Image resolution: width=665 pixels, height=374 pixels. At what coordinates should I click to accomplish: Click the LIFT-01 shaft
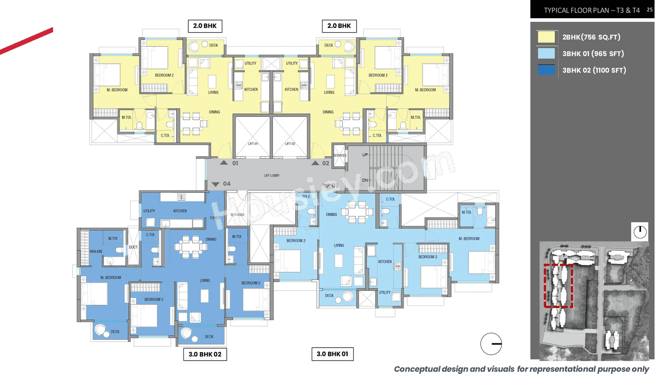point(252,137)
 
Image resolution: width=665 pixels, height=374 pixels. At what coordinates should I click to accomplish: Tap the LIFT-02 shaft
point(290,137)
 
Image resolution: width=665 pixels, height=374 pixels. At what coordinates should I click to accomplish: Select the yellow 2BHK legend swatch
point(546,37)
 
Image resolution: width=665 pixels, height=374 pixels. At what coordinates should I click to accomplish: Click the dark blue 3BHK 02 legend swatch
point(546,70)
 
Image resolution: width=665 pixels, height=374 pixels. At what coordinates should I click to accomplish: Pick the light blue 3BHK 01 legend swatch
point(546,54)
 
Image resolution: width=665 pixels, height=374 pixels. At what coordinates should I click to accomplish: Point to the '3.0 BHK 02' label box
point(205,354)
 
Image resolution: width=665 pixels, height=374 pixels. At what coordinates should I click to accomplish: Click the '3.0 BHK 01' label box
point(332,354)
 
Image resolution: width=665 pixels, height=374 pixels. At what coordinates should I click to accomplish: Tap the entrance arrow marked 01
point(224,163)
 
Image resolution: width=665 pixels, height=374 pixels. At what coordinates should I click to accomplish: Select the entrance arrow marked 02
point(315,163)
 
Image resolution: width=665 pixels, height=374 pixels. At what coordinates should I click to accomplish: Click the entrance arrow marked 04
point(216,184)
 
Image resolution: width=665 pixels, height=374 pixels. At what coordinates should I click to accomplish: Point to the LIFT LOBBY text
point(272,176)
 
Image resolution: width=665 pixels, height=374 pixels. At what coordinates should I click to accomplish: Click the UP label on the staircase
point(365,155)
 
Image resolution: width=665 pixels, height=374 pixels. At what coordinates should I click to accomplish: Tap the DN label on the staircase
point(365,180)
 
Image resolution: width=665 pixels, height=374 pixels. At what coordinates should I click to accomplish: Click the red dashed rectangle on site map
point(558,286)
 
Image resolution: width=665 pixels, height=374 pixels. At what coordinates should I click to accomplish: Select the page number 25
point(650,9)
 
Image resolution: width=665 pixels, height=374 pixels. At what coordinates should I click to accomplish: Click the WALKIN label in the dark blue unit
point(96,251)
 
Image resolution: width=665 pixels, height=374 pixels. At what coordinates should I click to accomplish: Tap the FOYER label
point(216,219)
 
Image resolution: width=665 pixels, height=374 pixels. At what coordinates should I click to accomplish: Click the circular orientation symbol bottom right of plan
point(491,344)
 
